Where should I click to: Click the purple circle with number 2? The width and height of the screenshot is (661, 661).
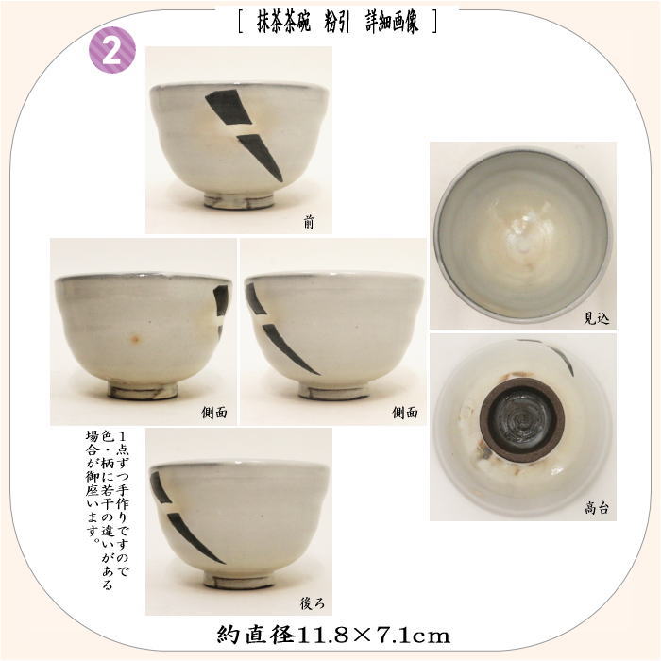(112, 50)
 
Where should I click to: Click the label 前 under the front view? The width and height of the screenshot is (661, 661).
(309, 222)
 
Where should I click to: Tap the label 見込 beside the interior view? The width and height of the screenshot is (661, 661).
(596, 317)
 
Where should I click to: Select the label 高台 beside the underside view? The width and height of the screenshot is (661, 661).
(597, 508)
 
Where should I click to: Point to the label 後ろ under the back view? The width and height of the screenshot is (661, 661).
(312, 603)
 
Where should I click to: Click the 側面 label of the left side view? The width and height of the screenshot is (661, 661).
(214, 413)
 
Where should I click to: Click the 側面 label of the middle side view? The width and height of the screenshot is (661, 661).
(405, 413)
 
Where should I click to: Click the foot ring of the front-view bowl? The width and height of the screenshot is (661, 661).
(239, 201)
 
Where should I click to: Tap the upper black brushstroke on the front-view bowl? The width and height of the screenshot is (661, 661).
(229, 107)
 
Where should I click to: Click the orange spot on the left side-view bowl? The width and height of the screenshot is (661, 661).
(135, 338)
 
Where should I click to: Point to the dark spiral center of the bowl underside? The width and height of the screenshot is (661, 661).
(523, 420)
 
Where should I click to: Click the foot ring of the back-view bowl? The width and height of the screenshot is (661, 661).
(239, 581)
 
